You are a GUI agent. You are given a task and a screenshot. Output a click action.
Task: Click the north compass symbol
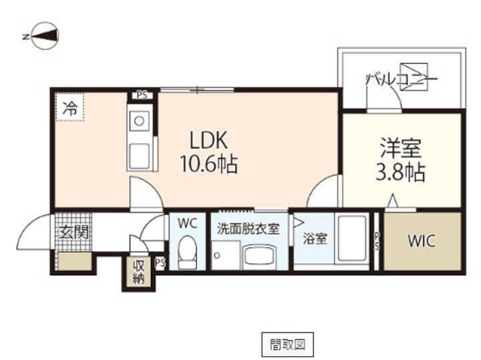click(45, 35)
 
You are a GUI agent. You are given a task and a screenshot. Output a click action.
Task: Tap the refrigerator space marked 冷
click(69, 107)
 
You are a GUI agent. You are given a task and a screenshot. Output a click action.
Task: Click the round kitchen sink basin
click(139, 121)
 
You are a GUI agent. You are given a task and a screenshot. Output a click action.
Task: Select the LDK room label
click(208, 140)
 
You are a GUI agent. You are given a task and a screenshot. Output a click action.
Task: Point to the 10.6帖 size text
click(209, 164)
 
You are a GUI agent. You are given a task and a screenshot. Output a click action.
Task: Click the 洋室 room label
click(401, 148)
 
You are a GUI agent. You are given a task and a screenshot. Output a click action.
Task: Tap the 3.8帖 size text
click(400, 172)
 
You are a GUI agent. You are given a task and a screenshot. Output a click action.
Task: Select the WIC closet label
click(422, 241)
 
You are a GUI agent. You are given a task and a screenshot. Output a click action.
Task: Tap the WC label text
click(187, 224)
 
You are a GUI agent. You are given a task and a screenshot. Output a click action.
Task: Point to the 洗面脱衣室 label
click(248, 228)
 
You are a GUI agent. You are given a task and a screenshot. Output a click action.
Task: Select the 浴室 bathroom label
click(315, 238)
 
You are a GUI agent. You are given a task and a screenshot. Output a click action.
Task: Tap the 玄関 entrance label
click(73, 232)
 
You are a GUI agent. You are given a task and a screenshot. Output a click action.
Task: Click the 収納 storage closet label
click(138, 272)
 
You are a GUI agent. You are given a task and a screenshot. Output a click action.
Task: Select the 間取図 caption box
click(287, 345)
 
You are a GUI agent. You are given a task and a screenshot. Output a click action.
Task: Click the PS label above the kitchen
click(142, 95)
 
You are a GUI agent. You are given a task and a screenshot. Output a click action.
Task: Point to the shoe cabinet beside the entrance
click(75, 262)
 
